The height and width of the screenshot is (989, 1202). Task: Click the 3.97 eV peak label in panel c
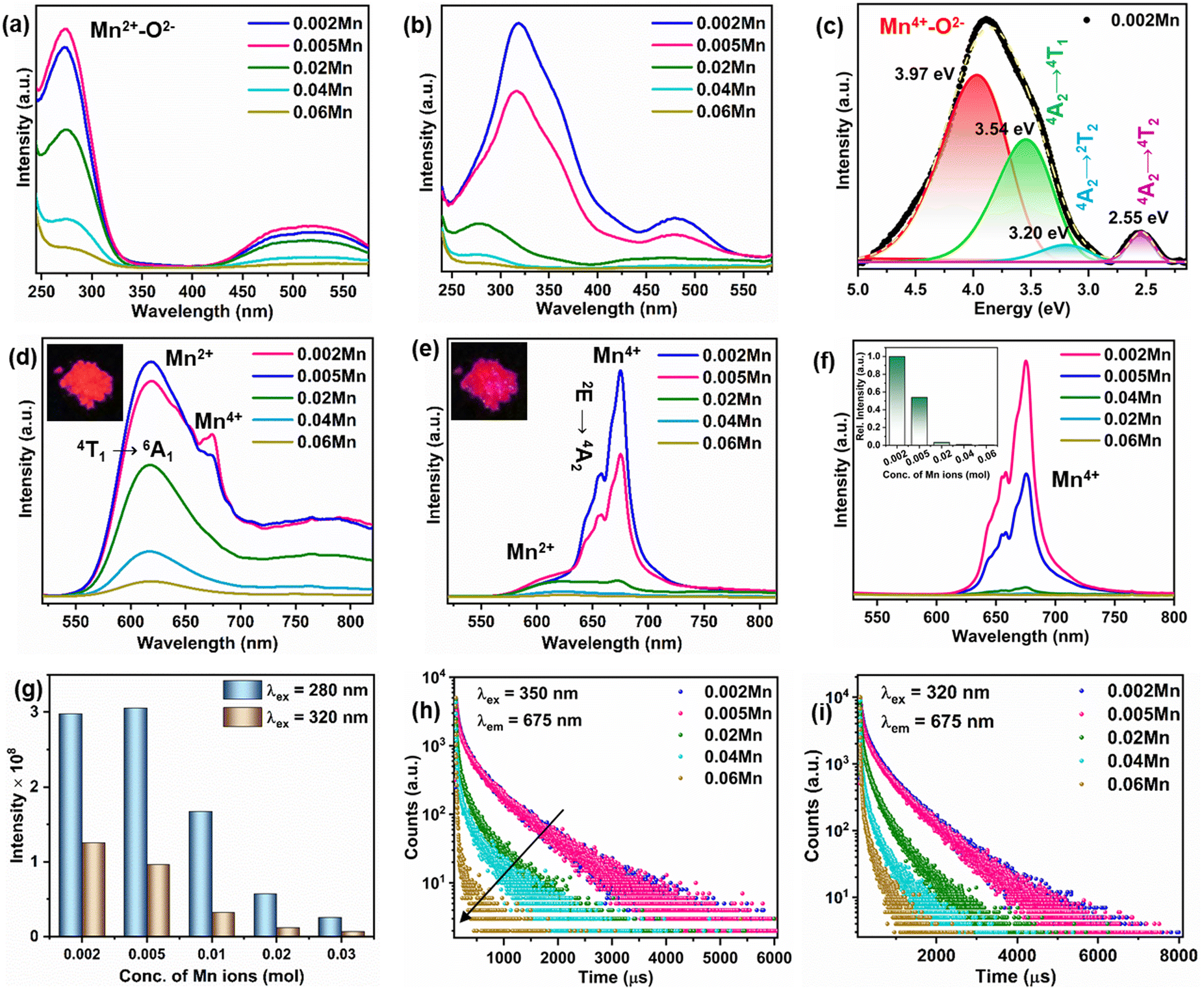924,74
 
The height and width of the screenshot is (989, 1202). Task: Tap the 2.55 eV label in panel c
1138,218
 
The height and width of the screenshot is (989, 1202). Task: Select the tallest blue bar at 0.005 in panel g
135,822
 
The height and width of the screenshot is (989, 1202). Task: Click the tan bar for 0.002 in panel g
94,890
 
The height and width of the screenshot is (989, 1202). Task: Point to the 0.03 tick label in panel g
341,955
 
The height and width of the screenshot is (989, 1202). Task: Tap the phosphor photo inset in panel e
489,381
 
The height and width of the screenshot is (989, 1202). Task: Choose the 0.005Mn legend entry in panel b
709,45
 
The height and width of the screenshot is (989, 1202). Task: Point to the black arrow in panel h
511,866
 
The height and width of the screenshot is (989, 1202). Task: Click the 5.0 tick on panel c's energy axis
858,289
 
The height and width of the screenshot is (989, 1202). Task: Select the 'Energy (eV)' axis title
1021,309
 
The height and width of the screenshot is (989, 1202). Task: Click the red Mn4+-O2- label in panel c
922,25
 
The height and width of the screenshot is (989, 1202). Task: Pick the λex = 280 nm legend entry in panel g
296,690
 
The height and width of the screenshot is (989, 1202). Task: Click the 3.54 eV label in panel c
1004,129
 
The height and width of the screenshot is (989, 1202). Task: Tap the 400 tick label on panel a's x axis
192,291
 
